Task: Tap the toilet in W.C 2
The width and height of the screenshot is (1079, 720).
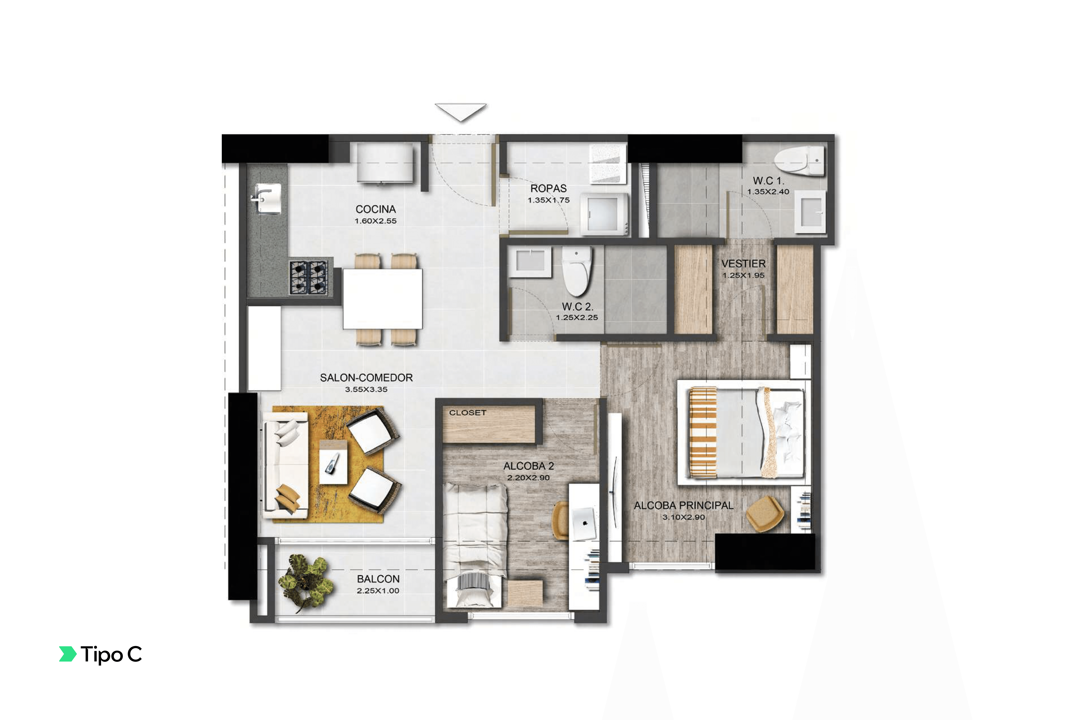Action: (577, 271)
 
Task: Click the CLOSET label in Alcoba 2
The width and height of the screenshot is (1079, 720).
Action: (467, 413)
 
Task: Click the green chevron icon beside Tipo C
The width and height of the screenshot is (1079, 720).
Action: (67, 654)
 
